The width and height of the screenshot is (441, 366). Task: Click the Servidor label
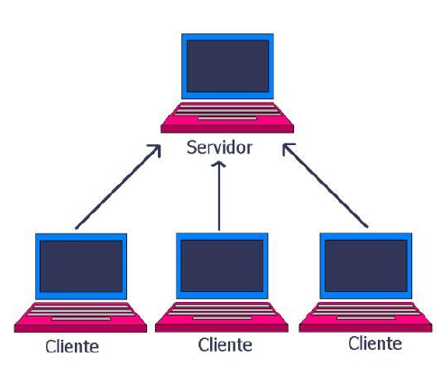coord(219,148)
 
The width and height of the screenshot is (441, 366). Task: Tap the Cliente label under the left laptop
coord(72,346)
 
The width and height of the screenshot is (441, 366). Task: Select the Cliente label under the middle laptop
coord(225,344)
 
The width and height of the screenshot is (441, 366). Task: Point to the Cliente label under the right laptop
coord(375,343)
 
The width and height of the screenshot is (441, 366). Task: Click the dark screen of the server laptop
coord(227,66)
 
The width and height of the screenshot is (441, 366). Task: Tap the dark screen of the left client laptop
coord(81,266)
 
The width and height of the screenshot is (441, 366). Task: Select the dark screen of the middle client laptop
coord(222,265)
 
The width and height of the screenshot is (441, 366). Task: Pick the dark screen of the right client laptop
coord(366,265)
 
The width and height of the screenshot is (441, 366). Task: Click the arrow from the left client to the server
coord(118,187)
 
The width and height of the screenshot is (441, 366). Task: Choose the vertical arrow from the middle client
coord(219,196)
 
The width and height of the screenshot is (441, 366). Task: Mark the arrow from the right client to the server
coord(325,185)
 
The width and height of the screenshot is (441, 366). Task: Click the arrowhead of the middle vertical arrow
coord(219,164)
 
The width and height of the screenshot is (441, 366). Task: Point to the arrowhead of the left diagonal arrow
coord(156,149)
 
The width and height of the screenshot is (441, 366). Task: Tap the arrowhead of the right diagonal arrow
coord(287,148)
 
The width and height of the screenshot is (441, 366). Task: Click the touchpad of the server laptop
coord(227,118)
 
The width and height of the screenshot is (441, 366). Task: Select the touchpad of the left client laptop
coord(81,318)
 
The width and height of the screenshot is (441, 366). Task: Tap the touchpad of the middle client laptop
coord(222,318)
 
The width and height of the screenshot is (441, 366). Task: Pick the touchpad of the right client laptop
coord(366,318)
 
